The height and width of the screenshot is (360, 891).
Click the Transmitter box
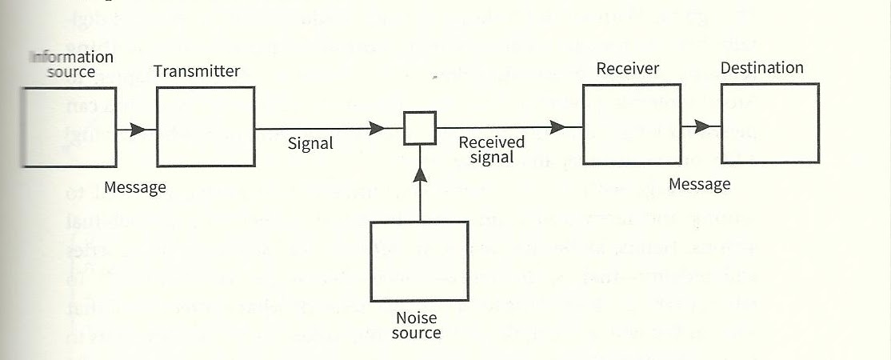[x=206, y=126]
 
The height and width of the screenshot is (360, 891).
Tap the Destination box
[x=769, y=123]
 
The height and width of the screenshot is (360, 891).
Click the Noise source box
[x=418, y=260]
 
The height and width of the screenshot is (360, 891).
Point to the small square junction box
[x=419, y=127]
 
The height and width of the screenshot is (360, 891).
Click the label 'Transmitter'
[x=197, y=71]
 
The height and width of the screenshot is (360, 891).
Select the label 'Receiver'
[x=628, y=68]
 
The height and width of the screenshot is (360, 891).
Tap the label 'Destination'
[x=761, y=68]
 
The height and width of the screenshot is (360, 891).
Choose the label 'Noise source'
[x=416, y=325]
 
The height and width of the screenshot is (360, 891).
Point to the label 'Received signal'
[x=491, y=150]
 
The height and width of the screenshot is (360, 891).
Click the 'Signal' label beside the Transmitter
[x=310, y=144]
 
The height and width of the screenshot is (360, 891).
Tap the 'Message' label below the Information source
[x=135, y=188]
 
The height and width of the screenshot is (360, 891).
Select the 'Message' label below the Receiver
[x=699, y=184]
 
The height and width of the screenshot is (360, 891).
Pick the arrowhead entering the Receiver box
[x=557, y=126]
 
